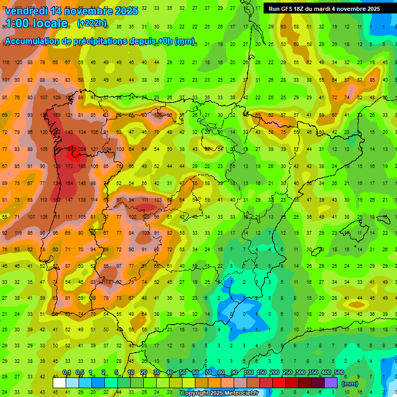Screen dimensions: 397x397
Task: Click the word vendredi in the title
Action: click(x=27, y=10)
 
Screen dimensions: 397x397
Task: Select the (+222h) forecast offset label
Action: click(x=92, y=23)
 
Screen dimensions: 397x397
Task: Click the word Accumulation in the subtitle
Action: click(x=34, y=41)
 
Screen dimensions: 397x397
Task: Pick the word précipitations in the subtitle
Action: click(x=100, y=41)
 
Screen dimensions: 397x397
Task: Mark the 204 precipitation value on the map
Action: click(x=82, y=149)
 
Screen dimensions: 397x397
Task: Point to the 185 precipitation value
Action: click(x=82, y=166)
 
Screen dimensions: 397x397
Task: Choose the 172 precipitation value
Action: click(x=69, y=166)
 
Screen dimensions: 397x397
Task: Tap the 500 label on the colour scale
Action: click(x=339, y=373)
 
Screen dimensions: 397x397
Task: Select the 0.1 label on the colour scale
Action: click(x=66, y=373)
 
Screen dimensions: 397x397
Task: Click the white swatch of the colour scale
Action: click(x=59, y=383)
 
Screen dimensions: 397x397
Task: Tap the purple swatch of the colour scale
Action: click(x=331, y=383)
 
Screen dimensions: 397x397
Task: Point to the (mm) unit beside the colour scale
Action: click(x=350, y=384)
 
